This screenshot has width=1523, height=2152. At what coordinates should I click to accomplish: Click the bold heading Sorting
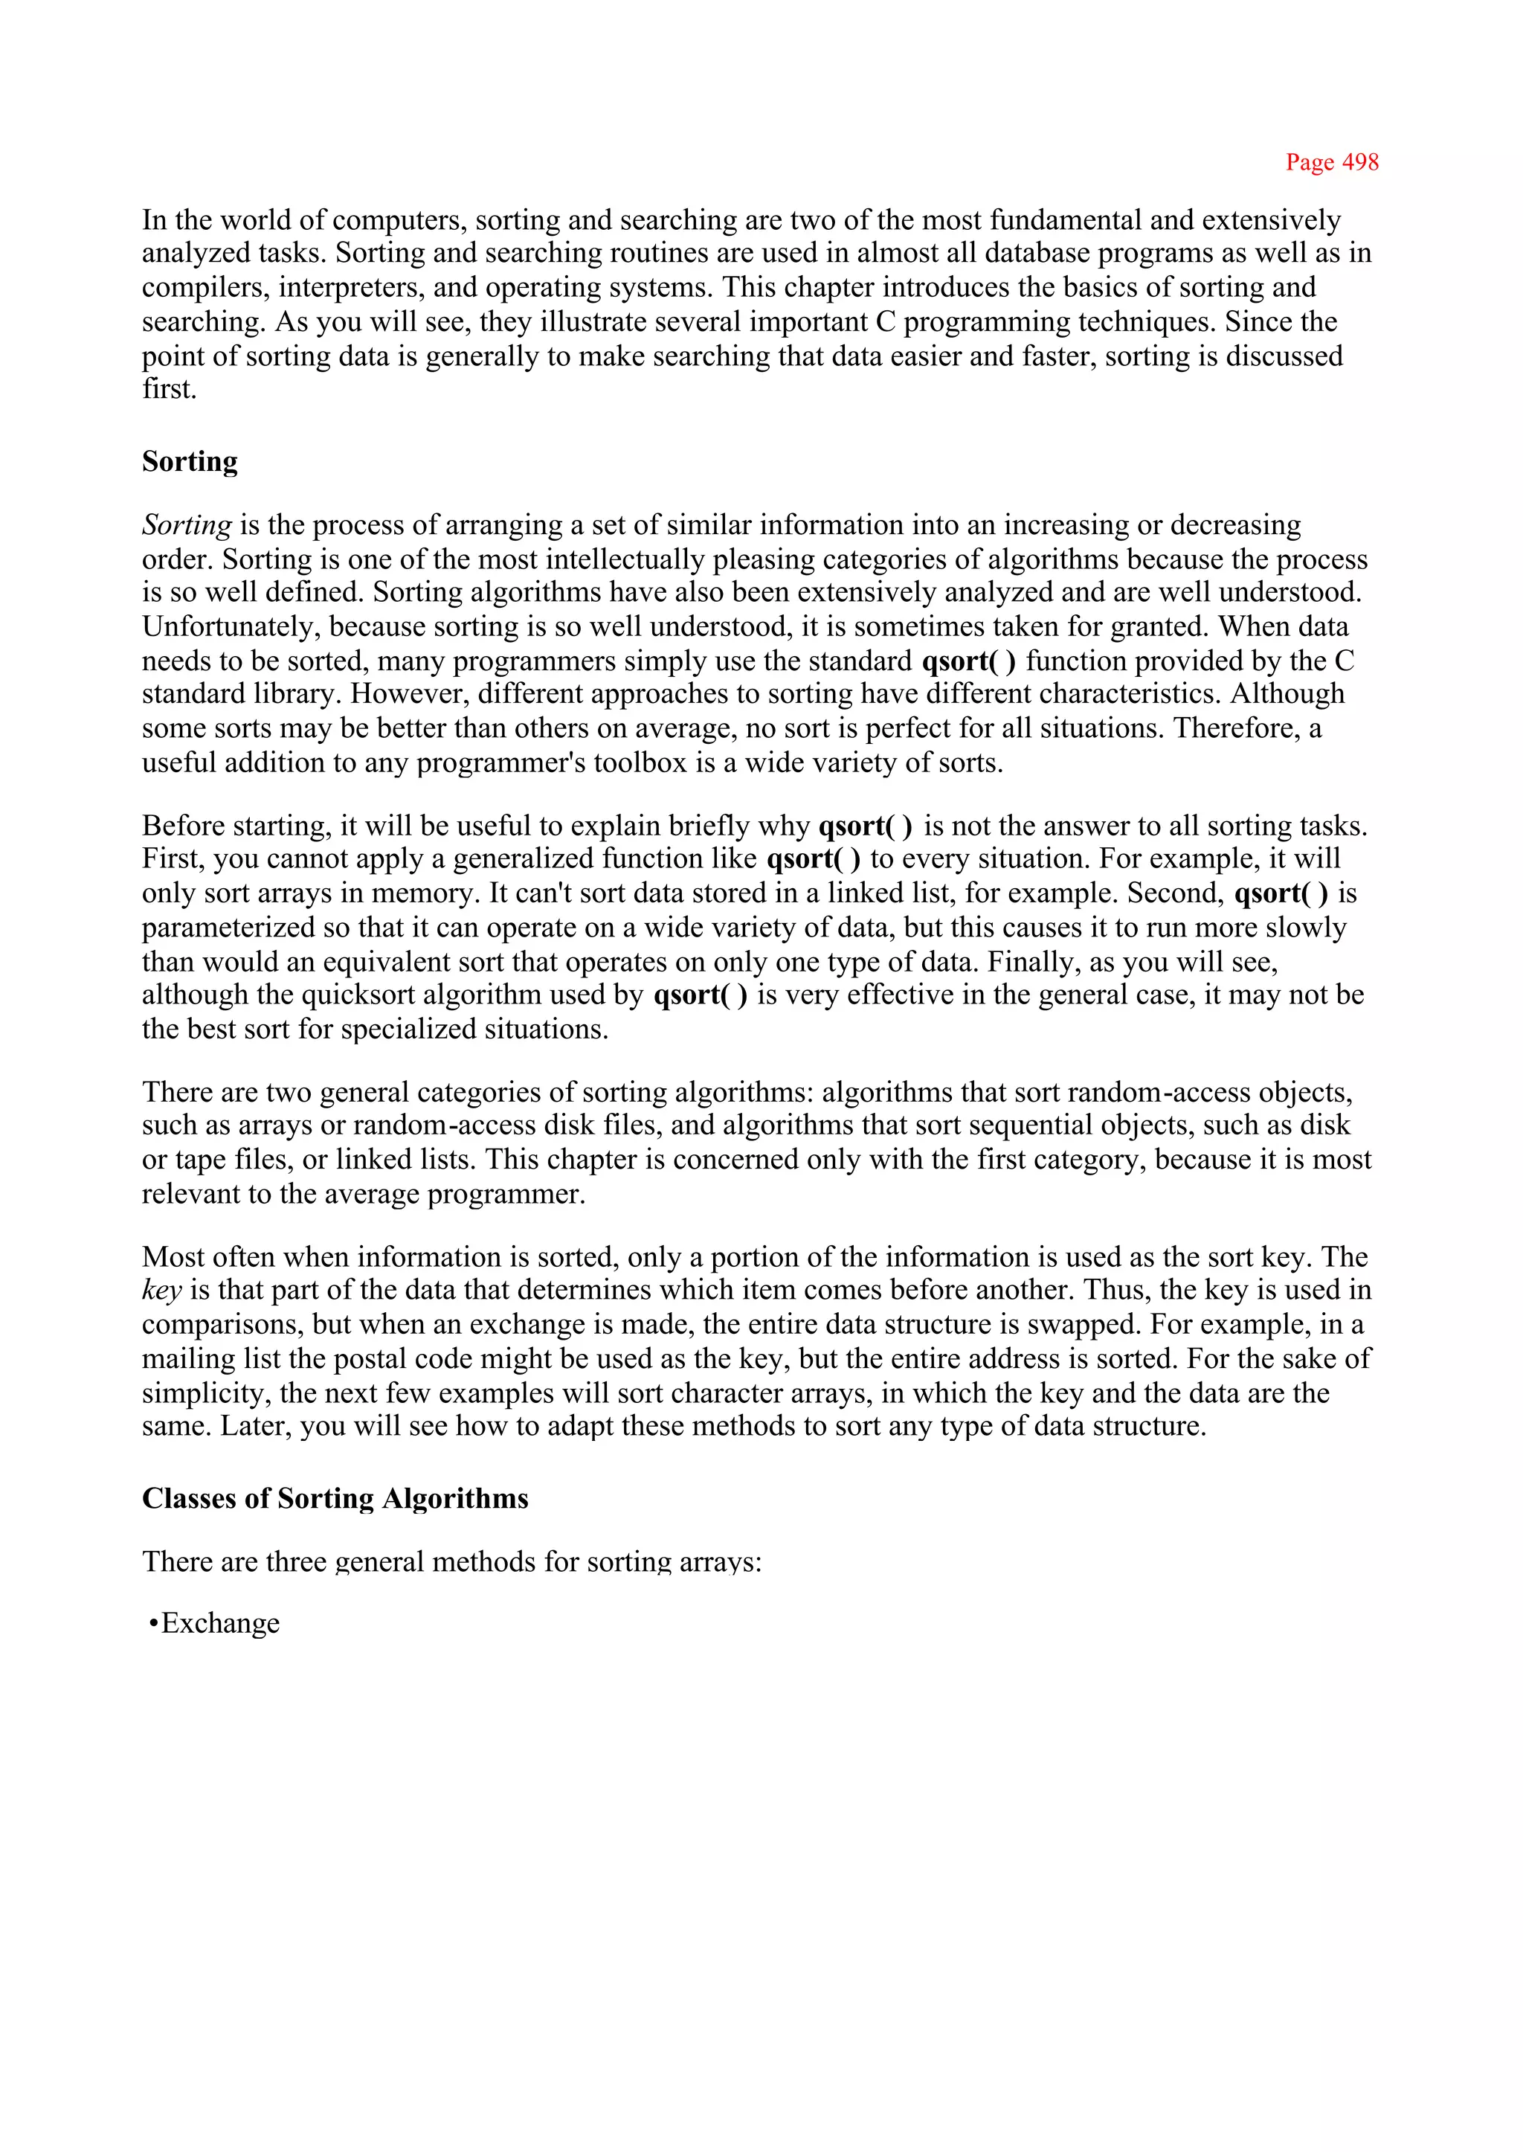tap(190, 461)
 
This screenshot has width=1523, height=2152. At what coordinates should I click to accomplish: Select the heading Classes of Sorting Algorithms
tap(335, 1498)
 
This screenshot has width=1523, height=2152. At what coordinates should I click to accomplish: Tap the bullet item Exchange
tap(219, 1623)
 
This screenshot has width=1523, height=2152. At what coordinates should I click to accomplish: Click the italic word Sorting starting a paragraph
tap(187, 525)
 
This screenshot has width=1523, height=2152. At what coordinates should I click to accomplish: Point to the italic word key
tap(161, 1291)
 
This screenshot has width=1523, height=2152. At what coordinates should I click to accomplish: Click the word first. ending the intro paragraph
tap(169, 389)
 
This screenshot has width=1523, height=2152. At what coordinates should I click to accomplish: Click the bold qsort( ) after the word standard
tap(967, 661)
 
